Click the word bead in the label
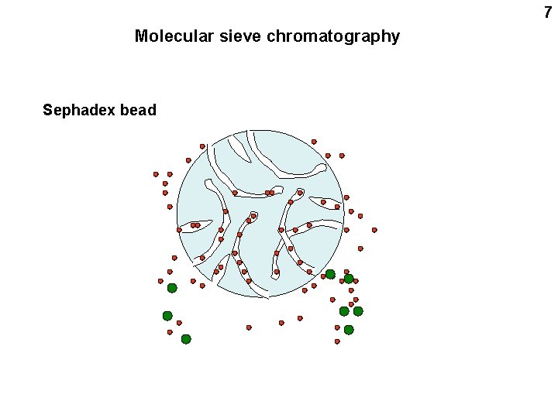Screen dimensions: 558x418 point(138,110)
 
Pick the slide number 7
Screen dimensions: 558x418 point(548,12)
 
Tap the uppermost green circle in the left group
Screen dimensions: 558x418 point(172,288)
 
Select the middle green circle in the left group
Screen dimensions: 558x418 point(167,316)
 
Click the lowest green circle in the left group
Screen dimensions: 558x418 point(186,339)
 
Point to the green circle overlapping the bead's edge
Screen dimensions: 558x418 point(330,274)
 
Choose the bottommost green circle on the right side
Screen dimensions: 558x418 point(349,330)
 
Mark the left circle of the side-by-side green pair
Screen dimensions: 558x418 point(344,311)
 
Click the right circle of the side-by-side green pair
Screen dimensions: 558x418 point(358,311)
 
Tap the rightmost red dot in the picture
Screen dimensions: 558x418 point(374,230)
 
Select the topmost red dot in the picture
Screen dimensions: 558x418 point(314,142)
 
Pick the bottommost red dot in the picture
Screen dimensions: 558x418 point(337,341)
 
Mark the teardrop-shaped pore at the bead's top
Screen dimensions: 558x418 point(239,149)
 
